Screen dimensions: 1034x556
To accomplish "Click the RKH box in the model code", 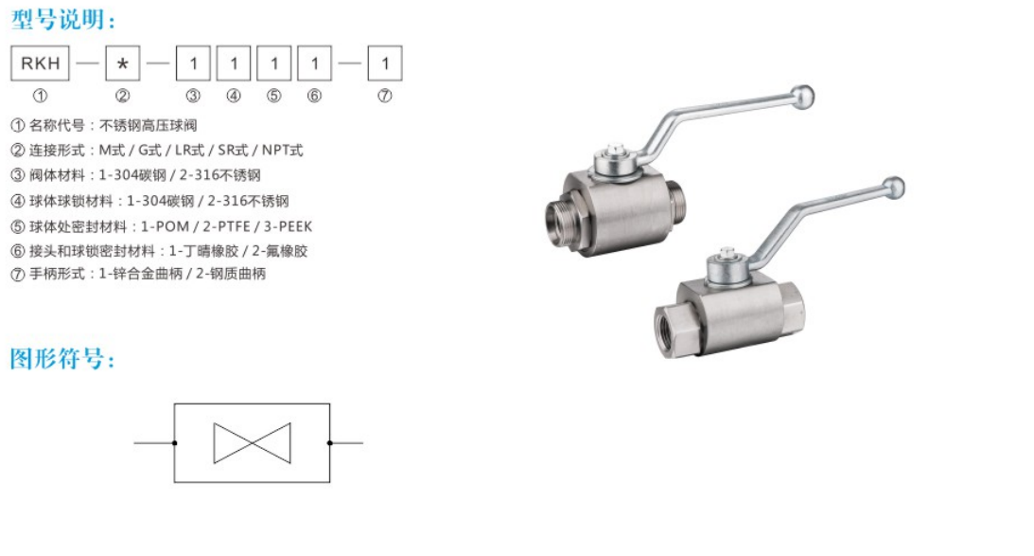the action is (x=41, y=63).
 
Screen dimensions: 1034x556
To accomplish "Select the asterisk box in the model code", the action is (x=123, y=63).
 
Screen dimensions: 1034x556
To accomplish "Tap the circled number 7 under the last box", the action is (x=384, y=96).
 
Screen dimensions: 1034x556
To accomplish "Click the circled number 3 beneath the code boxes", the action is (x=193, y=96).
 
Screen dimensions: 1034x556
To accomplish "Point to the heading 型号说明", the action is (x=62, y=20).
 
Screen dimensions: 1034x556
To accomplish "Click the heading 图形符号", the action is (x=62, y=359).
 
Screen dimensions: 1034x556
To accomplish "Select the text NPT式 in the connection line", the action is (x=282, y=150).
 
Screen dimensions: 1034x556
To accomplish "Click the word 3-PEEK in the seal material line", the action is (x=289, y=226).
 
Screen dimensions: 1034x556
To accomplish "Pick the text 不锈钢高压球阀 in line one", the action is (x=148, y=125).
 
